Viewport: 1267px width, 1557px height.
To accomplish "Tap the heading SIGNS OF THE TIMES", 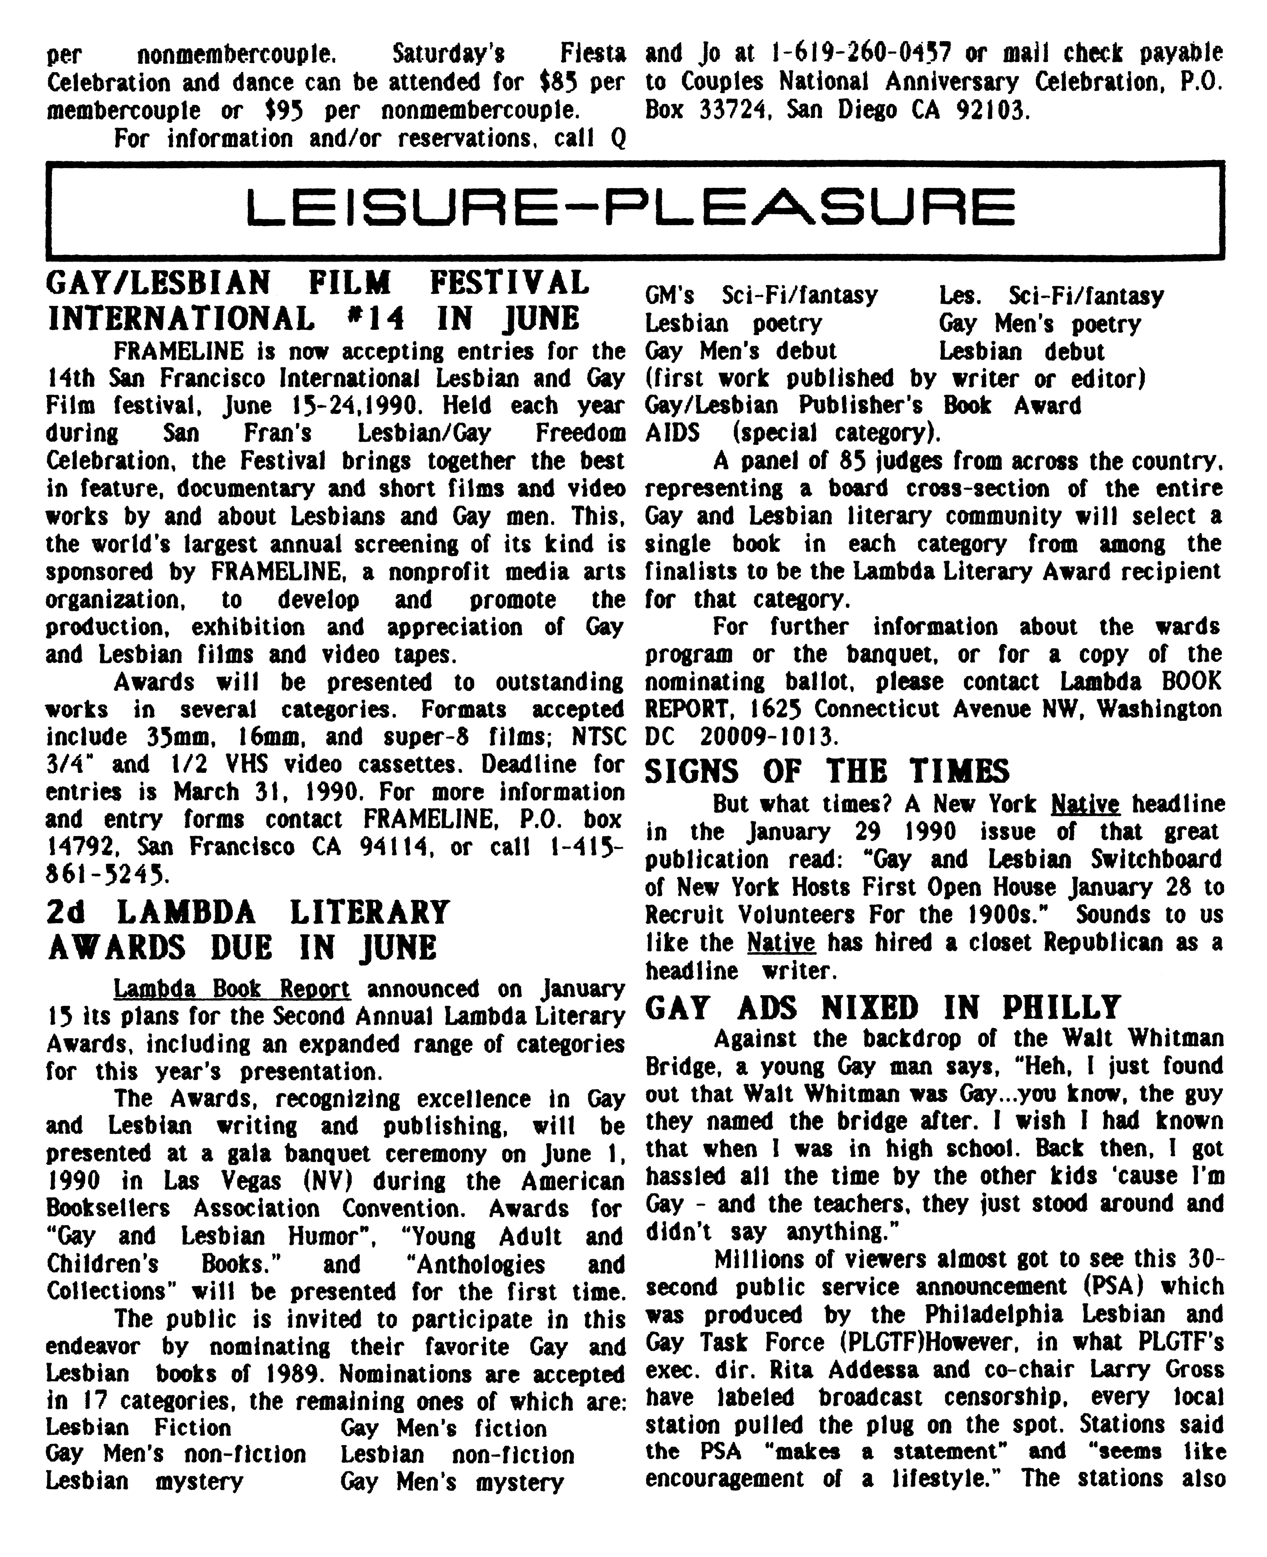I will click(x=827, y=771).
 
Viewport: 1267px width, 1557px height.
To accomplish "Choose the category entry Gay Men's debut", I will click(x=741, y=351).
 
